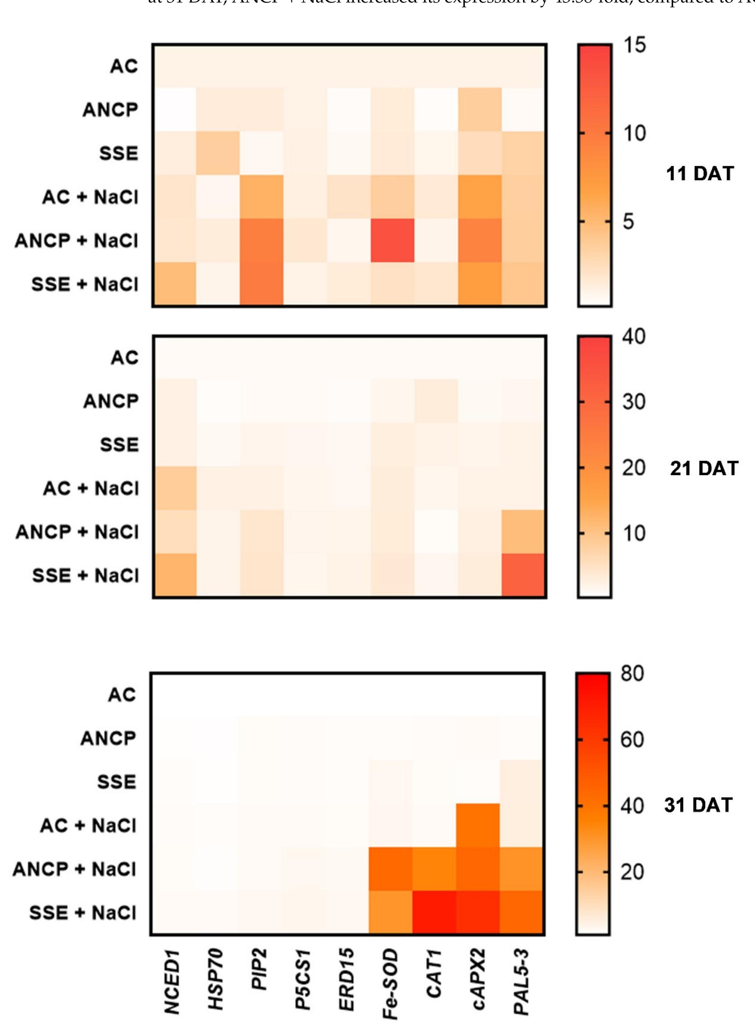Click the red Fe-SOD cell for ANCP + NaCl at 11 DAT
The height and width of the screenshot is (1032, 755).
(392, 240)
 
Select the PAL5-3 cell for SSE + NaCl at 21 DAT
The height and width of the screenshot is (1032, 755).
(524, 575)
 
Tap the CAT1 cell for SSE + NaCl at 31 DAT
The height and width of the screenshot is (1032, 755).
(434, 912)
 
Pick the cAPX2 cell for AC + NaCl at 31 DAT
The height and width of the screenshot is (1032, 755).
(478, 825)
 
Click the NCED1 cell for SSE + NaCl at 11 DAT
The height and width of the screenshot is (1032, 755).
(175, 284)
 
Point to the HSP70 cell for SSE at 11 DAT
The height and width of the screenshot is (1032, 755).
(218, 153)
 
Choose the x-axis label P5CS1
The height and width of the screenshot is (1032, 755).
(303, 978)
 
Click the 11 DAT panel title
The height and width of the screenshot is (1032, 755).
(700, 174)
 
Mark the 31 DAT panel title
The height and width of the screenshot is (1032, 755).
(698, 805)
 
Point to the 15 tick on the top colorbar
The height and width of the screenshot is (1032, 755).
(634, 45)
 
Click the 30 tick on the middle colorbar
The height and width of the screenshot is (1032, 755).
(634, 402)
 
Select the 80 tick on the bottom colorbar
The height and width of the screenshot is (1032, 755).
(632, 673)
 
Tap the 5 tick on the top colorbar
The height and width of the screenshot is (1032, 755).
(629, 222)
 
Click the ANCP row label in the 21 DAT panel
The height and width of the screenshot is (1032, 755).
(111, 401)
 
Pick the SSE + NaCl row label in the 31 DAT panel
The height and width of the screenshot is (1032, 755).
(83, 913)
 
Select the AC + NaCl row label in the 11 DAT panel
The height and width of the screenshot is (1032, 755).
(90, 197)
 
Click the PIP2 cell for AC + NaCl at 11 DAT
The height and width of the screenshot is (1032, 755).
(262, 197)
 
